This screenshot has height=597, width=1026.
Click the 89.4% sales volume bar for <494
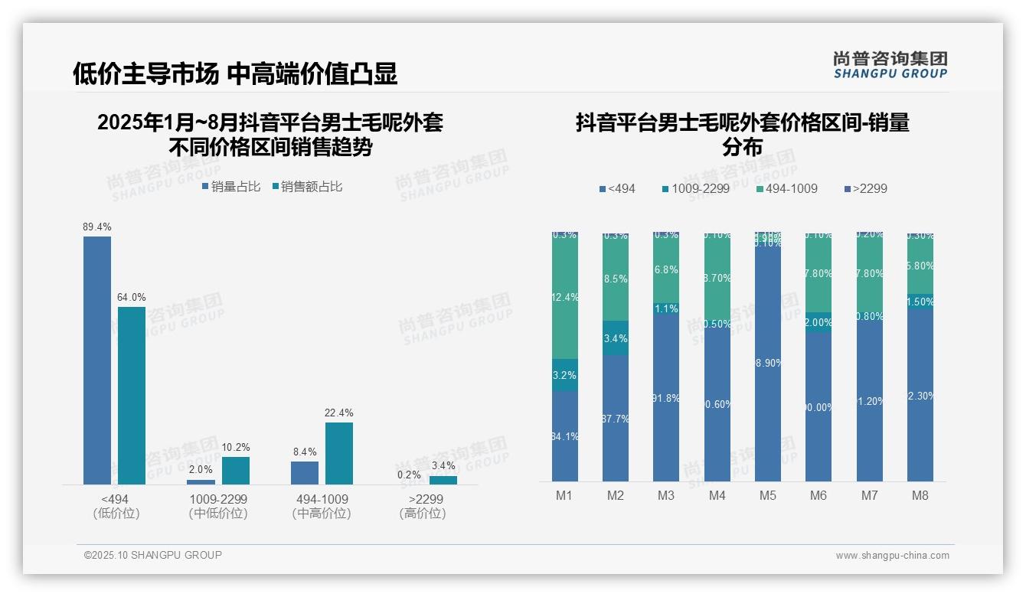[x=97, y=360]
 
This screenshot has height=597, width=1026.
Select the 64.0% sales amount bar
[x=132, y=395]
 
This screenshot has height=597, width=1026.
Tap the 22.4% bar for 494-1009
[x=339, y=453]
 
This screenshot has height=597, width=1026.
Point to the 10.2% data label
[x=236, y=448]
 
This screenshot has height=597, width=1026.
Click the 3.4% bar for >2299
[x=443, y=480]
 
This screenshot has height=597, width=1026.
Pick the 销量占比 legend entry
[x=231, y=187]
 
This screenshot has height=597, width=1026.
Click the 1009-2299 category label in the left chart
[x=218, y=499]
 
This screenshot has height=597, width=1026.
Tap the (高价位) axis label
[x=422, y=514]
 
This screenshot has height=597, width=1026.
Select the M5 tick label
[x=768, y=496]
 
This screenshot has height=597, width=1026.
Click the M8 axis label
[x=920, y=496]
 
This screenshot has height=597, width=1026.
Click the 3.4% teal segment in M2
[x=616, y=338]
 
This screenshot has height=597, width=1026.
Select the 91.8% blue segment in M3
[x=666, y=398]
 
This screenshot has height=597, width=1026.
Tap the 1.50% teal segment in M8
[x=920, y=302]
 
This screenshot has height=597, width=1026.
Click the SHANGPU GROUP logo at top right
[x=890, y=65]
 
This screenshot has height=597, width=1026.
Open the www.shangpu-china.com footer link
[x=892, y=556]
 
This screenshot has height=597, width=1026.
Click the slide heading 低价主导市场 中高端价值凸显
[x=235, y=73]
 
